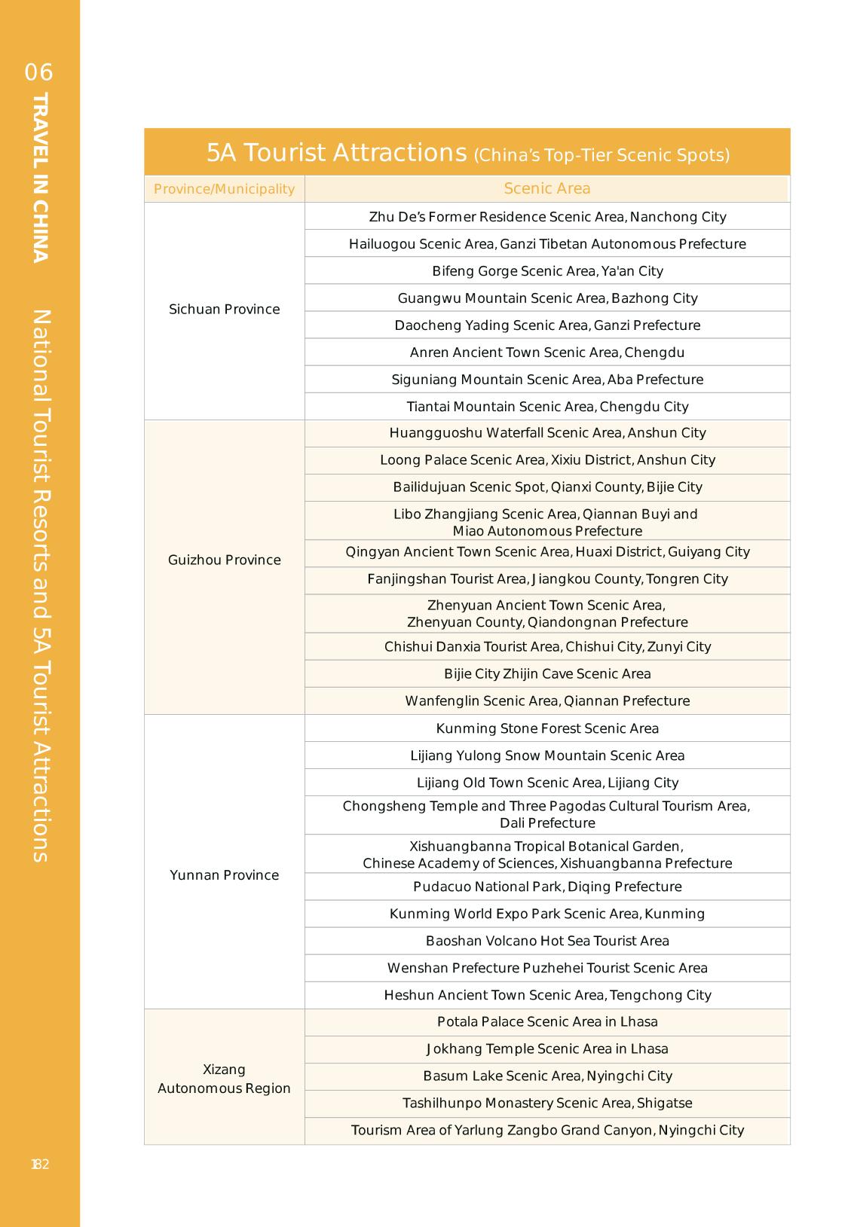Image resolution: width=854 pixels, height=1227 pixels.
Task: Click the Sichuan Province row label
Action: [224, 310]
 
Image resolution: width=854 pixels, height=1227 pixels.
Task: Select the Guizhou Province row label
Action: [224, 560]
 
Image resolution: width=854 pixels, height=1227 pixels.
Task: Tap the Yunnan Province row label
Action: [224, 875]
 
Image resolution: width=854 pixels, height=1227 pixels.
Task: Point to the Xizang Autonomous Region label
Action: [224, 1079]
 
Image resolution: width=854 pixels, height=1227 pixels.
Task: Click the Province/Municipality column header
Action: [224, 189]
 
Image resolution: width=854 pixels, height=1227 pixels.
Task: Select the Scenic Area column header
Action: [547, 189]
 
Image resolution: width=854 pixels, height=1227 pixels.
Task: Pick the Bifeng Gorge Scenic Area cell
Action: [547, 271]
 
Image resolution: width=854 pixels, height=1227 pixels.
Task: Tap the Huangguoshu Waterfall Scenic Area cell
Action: [547, 433]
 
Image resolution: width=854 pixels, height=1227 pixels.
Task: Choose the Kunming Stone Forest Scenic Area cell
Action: [547, 728]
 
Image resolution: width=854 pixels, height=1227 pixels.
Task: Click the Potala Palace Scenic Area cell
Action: [547, 1022]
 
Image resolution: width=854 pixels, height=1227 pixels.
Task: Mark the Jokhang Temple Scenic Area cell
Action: [547, 1049]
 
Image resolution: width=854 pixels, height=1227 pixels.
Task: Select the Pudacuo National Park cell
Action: [547, 887]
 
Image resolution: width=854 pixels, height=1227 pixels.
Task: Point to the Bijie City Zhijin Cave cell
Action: [547, 674]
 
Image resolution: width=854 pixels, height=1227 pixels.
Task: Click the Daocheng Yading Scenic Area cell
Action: [547, 325]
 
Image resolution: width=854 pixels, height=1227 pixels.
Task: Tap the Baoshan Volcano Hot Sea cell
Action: [547, 941]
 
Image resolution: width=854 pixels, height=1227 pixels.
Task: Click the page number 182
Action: [40, 1164]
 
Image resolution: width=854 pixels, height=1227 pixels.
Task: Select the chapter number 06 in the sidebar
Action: [39, 72]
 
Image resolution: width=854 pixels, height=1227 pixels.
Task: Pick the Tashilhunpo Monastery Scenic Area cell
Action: [547, 1103]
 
